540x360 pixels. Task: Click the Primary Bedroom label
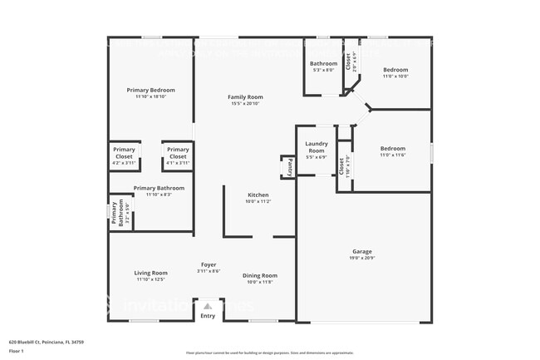click(x=150, y=90)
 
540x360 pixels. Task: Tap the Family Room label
click(x=245, y=97)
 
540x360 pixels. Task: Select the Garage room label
click(x=361, y=251)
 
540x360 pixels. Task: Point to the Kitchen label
click(x=258, y=195)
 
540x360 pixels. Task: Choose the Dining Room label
click(x=259, y=275)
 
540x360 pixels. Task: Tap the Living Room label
click(x=151, y=273)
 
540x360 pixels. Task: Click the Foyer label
click(x=209, y=264)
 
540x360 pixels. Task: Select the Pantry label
click(x=289, y=167)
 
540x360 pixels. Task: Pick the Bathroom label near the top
click(x=323, y=64)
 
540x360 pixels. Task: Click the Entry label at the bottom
click(x=208, y=315)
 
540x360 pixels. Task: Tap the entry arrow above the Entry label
click(x=208, y=305)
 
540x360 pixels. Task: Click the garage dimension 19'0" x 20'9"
click(x=361, y=258)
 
